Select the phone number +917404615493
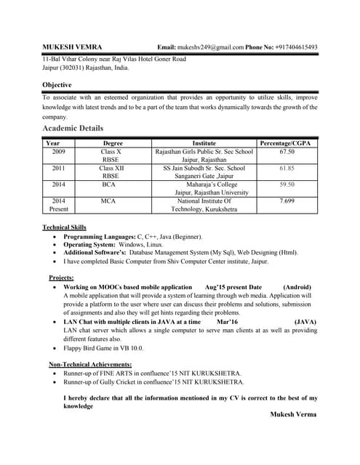coord(296,46)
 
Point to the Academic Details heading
coord(73,129)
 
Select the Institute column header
coord(204,143)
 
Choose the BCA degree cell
coord(109,185)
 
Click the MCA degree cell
coord(109,201)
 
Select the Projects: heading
coord(65,278)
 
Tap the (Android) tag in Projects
coord(300,288)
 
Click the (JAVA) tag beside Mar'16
coord(305,321)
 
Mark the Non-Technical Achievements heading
coord(90,364)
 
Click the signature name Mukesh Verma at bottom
coord(293,414)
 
